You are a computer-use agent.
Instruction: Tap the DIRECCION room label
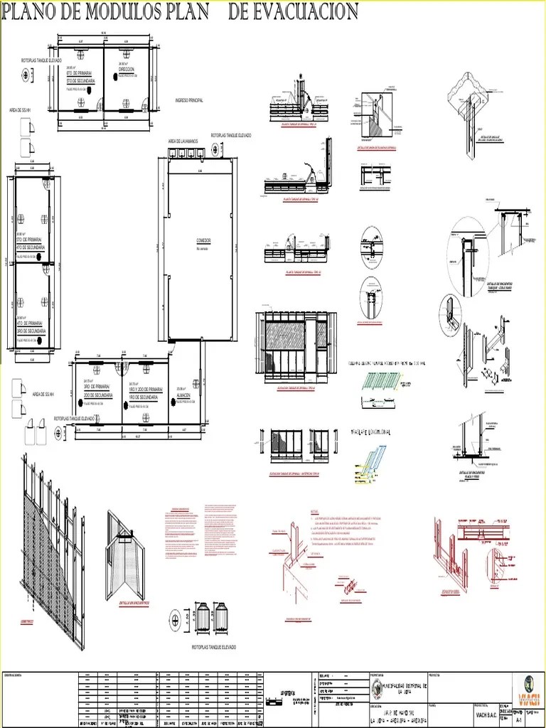coord(126,70)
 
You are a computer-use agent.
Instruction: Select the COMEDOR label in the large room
coord(204,242)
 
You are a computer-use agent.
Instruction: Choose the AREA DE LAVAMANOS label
coord(183,141)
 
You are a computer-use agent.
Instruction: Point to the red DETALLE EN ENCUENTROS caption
coord(134,582)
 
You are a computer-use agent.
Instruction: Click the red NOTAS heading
coord(314,513)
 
